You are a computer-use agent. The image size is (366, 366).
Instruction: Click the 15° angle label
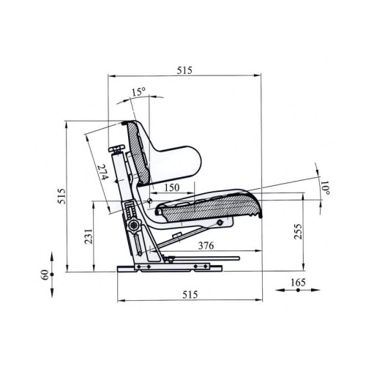click(x=138, y=92)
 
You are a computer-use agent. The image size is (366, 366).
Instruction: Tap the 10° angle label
click(x=326, y=187)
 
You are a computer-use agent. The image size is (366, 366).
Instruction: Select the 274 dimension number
click(x=102, y=173)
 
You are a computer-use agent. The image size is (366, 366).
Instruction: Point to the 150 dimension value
click(x=172, y=187)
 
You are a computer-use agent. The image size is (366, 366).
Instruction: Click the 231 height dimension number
click(x=89, y=236)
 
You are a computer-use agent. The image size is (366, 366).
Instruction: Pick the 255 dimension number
click(x=298, y=231)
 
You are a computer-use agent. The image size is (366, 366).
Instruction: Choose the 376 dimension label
click(x=206, y=246)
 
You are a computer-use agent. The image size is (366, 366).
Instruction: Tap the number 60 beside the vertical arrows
click(x=45, y=274)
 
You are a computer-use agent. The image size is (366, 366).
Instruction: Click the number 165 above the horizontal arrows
click(x=298, y=283)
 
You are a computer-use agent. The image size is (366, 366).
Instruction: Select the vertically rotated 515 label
click(x=61, y=196)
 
